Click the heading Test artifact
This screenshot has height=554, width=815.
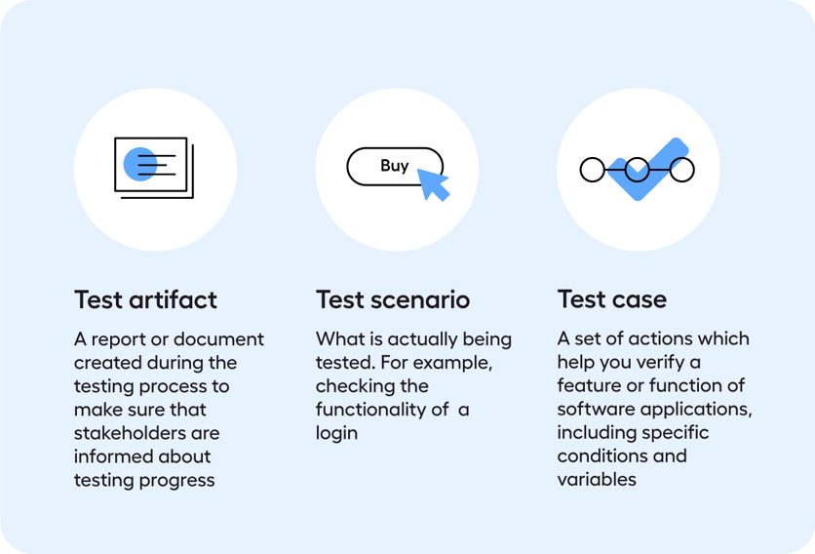[145, 299]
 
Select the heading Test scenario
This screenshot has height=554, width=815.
[393, 299]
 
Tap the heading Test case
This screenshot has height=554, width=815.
[611, 299]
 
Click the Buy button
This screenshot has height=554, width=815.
[395, 166]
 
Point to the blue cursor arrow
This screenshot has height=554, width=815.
[432, 182]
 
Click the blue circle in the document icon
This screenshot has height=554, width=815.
[140, 165]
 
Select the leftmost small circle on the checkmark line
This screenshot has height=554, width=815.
[592, 170]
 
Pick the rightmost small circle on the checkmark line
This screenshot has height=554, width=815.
[682, 170]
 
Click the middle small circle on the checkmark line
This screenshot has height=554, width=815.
[637, 170]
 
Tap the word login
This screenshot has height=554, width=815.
[336, 432]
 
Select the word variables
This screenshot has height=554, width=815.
[597, 479]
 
